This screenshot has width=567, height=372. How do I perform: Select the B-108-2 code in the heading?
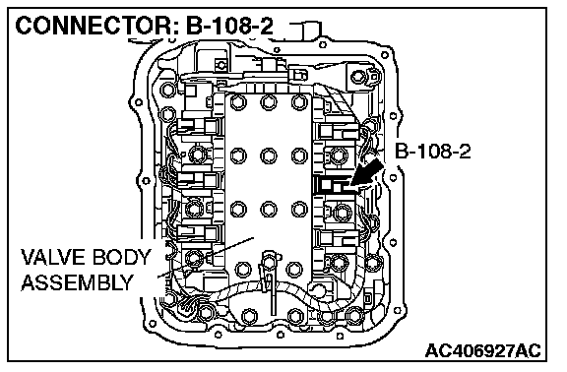pos(230,26)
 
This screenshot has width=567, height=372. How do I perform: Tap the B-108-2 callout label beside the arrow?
pos(432,151)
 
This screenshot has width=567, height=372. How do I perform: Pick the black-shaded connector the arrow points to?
pos(332,185)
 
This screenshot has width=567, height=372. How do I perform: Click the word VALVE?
pos(54,258)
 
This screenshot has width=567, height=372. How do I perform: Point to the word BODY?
pos(121,258)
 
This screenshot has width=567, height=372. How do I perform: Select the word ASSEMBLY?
pos(78,282)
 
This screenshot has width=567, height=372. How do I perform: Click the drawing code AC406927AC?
pos(482,350)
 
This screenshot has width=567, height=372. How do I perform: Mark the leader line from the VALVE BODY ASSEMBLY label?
pos(206,258)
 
